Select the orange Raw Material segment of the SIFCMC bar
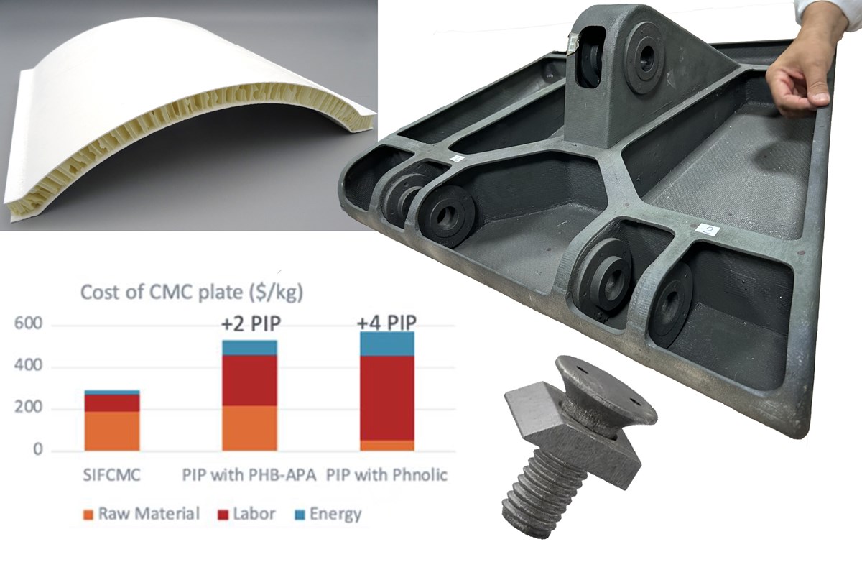[x=111, y=431]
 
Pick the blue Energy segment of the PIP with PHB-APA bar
[x=249, y=347]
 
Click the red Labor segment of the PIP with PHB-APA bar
[x=249, y=380]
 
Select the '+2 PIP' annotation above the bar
[x=249, y=325]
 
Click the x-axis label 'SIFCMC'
[x=111, y=476]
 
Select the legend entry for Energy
[x=327, y=515]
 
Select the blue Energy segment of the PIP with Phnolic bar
[x=387, y=344]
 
